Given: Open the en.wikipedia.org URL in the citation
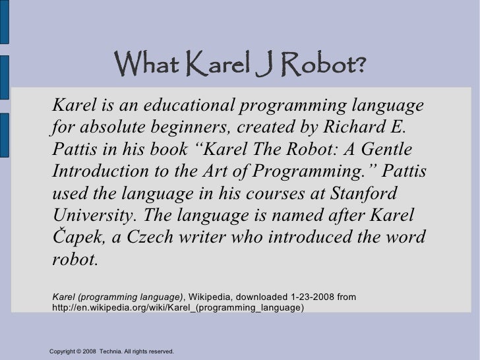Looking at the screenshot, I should click(178, 308).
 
